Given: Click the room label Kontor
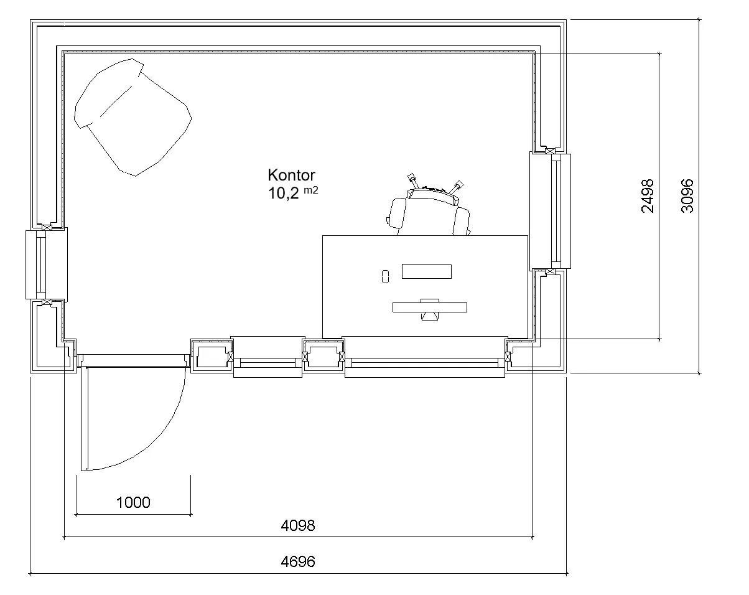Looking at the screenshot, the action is (291, 175).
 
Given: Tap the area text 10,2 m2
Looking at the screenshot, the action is (293, 193).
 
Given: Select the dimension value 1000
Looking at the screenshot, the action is (133, 502).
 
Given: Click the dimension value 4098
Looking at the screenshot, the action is (298, 525).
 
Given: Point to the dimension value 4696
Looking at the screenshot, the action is (298, 561).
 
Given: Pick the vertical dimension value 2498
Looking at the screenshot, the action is (648, 196).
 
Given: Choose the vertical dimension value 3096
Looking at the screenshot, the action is (687, 196).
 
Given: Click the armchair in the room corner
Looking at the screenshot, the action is (133, 118).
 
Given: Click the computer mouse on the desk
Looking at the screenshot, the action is (385, 277).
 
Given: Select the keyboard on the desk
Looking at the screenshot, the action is (427, 271).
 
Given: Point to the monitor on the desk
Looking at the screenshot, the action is (430, 309).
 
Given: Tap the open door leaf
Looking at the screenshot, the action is (84, 418).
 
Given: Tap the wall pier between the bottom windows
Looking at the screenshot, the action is (323, 356).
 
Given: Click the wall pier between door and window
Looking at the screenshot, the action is (212, 356).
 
